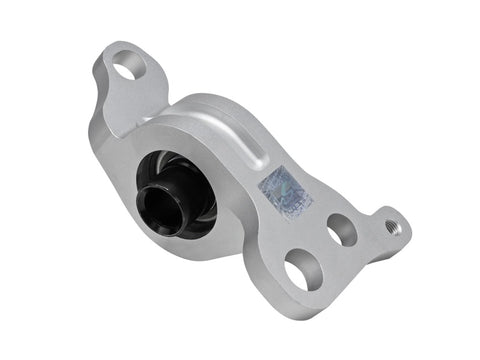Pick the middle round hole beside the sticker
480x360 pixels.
pos(341,231)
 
